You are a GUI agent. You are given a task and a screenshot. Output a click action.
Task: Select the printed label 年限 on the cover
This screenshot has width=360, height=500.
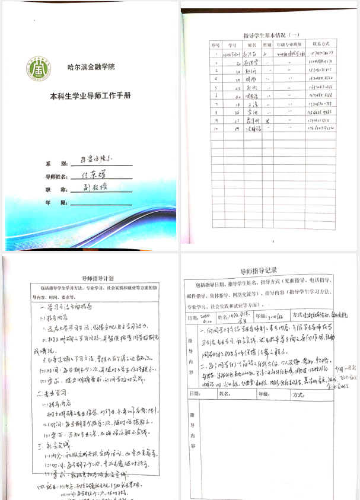click(53, 202)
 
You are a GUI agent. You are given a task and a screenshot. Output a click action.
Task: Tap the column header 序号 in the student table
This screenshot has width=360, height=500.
click(214, 44)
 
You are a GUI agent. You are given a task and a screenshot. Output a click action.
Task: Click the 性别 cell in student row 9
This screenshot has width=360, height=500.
click(267, 119)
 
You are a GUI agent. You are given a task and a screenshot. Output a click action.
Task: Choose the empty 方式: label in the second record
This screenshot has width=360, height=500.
click(297, 393)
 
